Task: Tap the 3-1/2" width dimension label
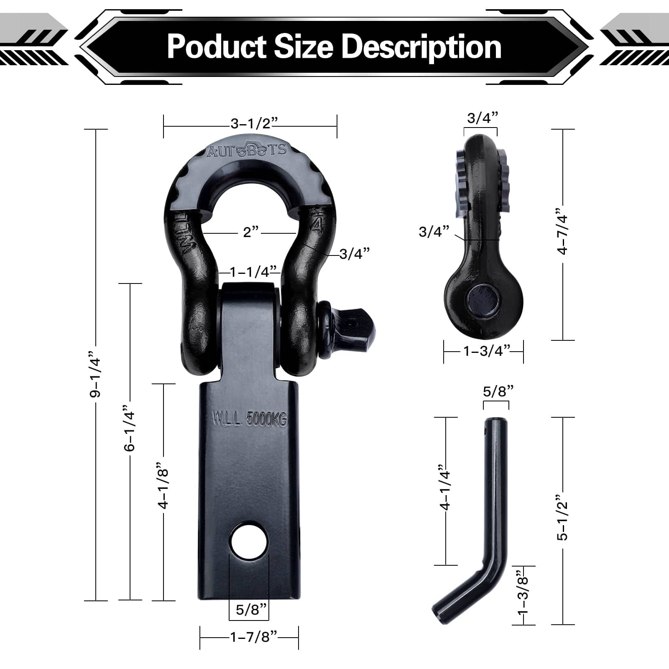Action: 254,124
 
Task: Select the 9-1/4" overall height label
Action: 96,377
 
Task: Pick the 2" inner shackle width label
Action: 251,232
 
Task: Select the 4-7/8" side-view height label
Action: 563,235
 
